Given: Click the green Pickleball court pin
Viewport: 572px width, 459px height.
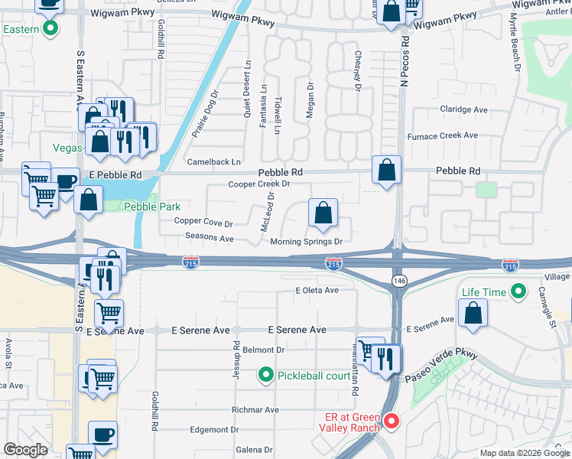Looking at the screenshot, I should tap(265, 375).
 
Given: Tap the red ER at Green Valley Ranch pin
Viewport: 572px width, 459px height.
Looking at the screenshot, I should tap(391, 422).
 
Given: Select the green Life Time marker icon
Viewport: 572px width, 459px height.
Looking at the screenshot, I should tap(518, 291).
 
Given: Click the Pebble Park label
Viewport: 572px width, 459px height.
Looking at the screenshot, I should tap(152, 207).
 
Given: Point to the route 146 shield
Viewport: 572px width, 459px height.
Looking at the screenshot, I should tap(399, 282).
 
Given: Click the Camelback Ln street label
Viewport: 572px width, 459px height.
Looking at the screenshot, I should tap(214, 162).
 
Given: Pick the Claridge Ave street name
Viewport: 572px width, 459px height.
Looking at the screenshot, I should tap(464, 109).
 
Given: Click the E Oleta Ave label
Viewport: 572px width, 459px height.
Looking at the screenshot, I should tap(317, 291).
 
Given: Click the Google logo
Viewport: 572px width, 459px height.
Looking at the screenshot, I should tap(25, 450).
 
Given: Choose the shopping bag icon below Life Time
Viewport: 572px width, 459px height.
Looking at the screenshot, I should tap(473, 313).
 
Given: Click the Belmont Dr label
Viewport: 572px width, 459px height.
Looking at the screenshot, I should tap(264, 350).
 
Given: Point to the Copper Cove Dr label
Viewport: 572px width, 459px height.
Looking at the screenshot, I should tap(203, 222).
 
